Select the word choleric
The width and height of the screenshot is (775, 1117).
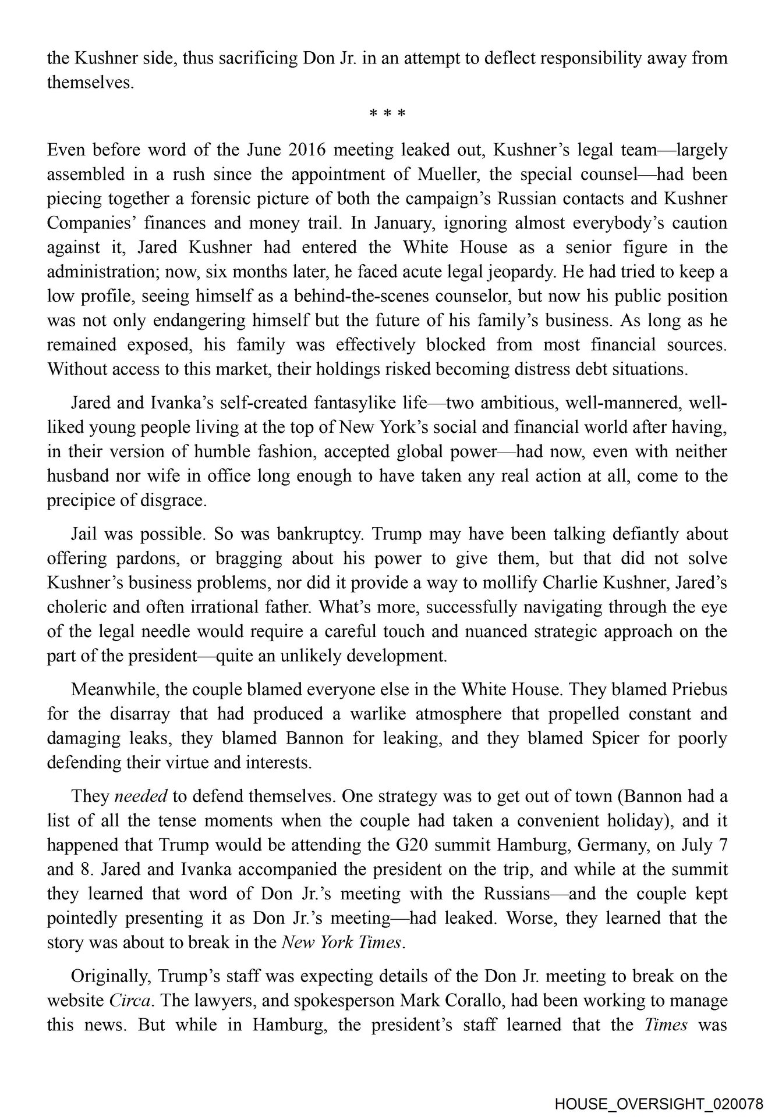[x=75, y=607]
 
